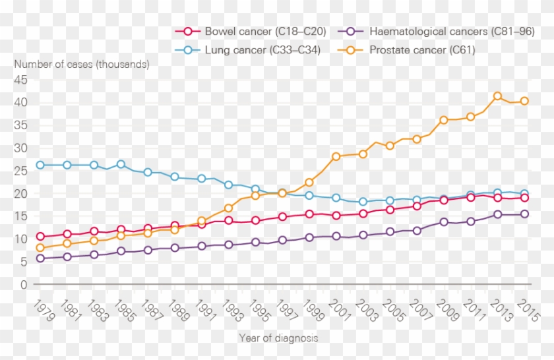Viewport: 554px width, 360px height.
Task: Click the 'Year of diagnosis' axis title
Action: (x=278, y=338)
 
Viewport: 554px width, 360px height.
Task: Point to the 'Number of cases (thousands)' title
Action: (x=82, y=65)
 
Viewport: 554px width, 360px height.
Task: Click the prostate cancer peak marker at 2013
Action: (x=498, y=96)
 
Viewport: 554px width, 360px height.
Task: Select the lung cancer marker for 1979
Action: (x=40, y=165)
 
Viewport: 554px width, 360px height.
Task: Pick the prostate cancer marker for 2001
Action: (x=336, y=156)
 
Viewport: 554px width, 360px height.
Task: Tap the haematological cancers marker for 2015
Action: (x=525, y=214)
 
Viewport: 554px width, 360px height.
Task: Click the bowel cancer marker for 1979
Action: (x=40, y=236)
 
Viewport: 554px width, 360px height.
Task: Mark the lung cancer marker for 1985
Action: (x=121, y=165)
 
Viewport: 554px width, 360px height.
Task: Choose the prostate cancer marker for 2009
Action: (x=444, y=120)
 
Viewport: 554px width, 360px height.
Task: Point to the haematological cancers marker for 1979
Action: (x=40, y=258)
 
